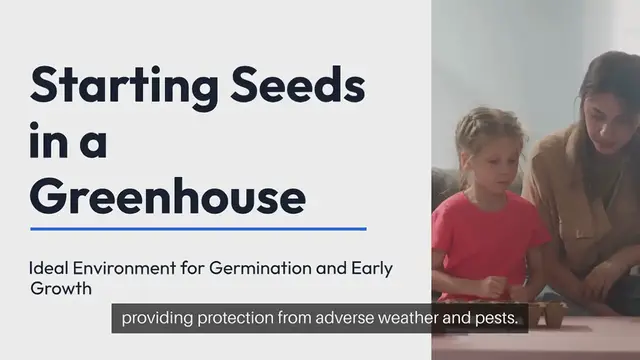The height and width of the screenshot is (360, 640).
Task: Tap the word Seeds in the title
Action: (x=292, y=87)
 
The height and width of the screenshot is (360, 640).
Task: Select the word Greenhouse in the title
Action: (x=168, y=195)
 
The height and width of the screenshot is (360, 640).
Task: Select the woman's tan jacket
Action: (x=580, y=210)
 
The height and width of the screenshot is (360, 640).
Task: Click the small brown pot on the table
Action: (x=553, y=313)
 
